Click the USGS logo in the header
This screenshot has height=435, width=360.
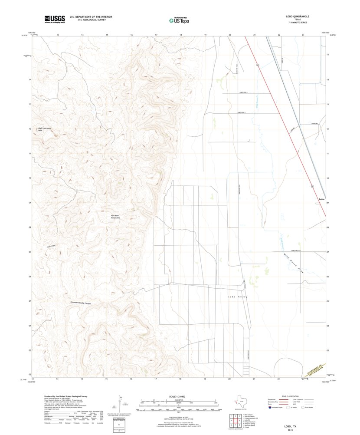(x=54, y=18)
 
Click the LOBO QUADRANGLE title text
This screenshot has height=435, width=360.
(x=298, y=16)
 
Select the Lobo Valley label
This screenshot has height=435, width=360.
(x=237, y=297)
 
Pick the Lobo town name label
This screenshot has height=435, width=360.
(x=321, y=199)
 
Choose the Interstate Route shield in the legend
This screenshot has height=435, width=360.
(x=272, y=408)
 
